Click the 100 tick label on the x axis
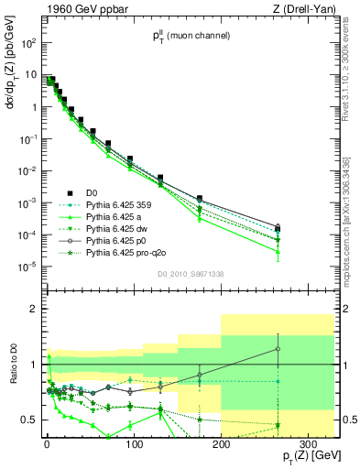134,445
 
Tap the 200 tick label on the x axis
221,445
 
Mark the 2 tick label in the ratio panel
35,309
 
